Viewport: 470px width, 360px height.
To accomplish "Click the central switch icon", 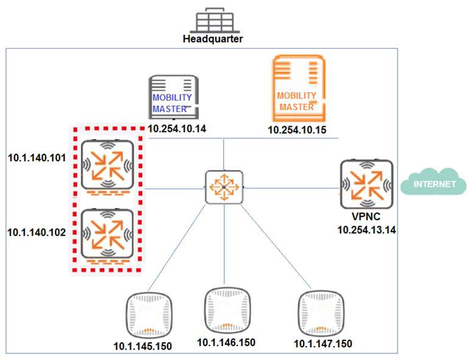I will pyautogui.click(x=224, y=187).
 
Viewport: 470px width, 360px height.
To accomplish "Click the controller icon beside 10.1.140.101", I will pyautogui.click(x=107, y=164).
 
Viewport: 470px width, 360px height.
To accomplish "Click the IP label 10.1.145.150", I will pyautogui.click(x=143, y=346).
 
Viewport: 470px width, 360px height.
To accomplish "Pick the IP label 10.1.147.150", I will pyautogui.click(x=322, y=344).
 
